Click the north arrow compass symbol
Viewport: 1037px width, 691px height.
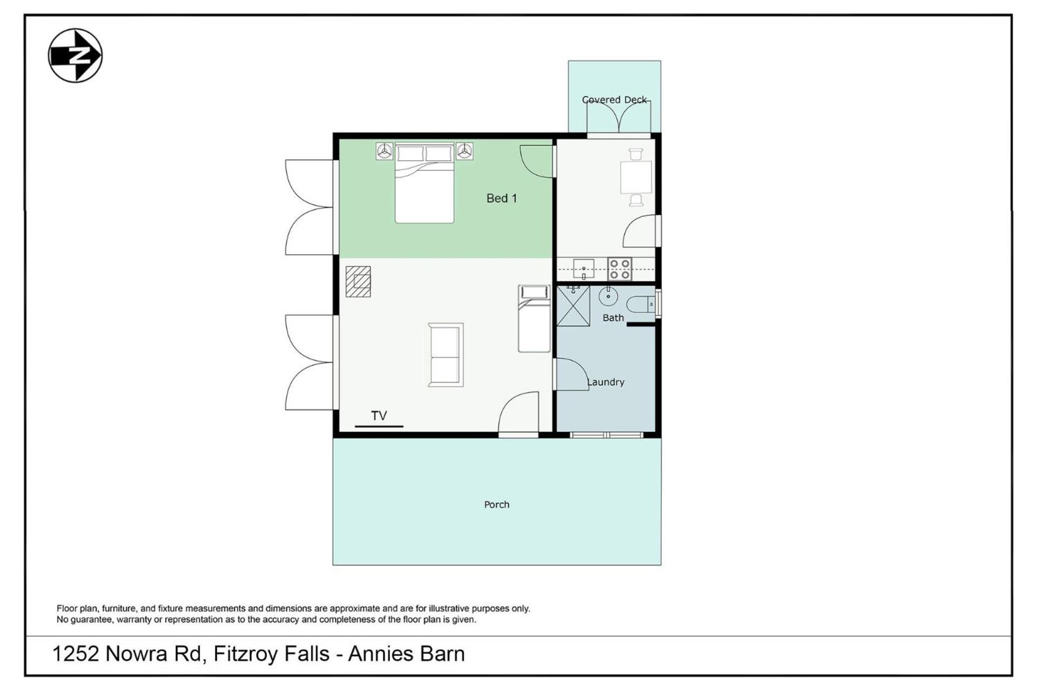(x=75, y=56)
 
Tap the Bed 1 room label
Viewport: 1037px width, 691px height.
(x=501, y=198)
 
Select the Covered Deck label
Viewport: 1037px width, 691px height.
(x=614, y=100)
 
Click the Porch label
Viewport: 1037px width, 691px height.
(x=496, y=504)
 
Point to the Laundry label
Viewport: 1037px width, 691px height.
(x=605, y=382)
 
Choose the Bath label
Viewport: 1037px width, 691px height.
(x=613, y=318)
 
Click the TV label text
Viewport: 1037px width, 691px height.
(x=379, y=416)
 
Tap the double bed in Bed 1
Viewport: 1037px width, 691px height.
(x=424, y=183)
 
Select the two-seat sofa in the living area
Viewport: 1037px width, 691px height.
(x=446, y=355)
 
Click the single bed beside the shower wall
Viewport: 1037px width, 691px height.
(x=534, y=319)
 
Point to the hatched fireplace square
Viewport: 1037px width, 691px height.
(x=358, y=282)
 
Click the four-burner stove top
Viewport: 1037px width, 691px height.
(x=619, y=269)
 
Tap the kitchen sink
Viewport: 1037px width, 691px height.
(x=583, y=268)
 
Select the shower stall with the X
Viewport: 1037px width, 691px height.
(x=573, y=306)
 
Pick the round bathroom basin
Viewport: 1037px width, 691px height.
(x=608, y=296)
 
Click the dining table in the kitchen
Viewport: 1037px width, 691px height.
(x=636, y=177)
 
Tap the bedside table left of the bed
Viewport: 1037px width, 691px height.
(x=384, y=151)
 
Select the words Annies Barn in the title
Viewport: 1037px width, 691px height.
(x=406, y=654)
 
